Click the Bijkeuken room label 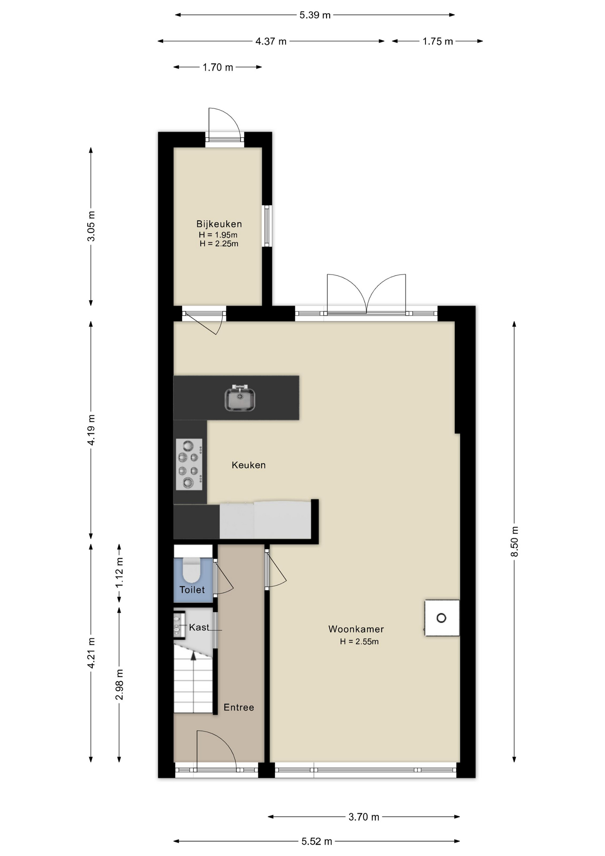219,224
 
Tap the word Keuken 249,465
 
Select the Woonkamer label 356,629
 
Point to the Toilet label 192,590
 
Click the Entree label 239,707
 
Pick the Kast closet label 199,627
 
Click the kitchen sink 240,398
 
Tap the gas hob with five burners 189,464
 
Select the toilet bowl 192,570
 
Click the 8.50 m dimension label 515,541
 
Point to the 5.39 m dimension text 315,15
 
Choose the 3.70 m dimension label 364,817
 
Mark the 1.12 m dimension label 119,573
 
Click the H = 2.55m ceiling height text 359,642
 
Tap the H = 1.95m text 218,235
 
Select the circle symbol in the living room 441,618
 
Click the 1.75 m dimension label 437,41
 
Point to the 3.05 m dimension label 91,226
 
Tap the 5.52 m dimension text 317,841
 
